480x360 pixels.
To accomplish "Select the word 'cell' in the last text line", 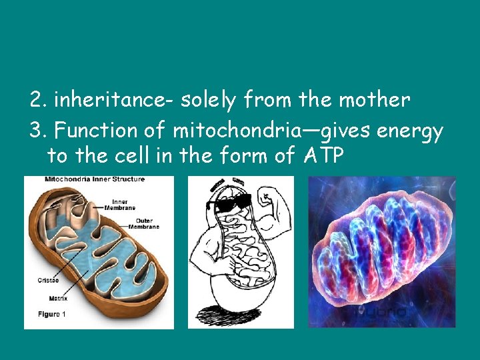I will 128,156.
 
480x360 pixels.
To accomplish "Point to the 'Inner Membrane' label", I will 120,205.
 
